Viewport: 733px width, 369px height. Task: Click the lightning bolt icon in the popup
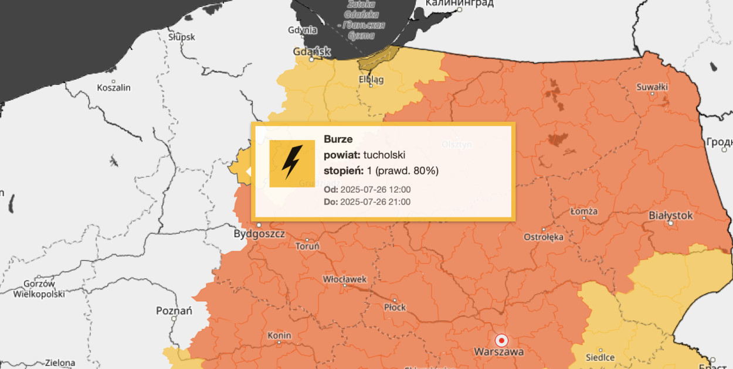click(292, 163)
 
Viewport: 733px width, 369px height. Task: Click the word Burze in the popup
click(338, 139)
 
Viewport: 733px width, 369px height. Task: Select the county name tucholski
click(384, 155)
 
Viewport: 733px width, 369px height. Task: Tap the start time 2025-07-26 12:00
click(375, 190)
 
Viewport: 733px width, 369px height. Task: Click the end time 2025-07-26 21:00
click(375, 202)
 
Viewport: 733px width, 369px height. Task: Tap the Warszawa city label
click(499, 352)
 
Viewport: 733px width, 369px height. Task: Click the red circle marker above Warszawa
click(501, 340)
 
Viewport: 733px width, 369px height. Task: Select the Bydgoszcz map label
click(259, 234)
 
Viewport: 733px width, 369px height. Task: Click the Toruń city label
click(307, 247)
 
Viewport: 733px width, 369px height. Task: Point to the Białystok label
click(671, 216)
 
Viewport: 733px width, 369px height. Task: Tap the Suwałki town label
click(652, 87)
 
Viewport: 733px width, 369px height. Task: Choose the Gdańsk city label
click(312, 52)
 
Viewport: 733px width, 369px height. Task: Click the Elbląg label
click(371, 80)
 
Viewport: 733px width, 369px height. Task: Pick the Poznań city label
click(174, 310)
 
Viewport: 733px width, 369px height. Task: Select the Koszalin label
click(113, 88)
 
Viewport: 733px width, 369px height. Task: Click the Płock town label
click(394, 307)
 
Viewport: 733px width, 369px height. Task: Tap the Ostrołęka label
click(544, 237)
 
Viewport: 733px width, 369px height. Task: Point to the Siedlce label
click(600, 357)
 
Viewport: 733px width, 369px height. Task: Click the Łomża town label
click(584, 211)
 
